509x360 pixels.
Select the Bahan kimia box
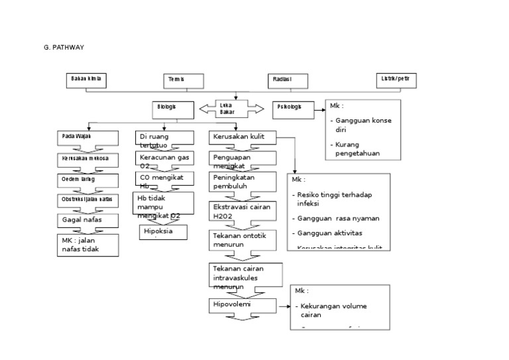click(x=86, y=80)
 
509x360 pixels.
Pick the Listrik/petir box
click(x=396, y=80)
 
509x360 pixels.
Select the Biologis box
click(x=174, y=109)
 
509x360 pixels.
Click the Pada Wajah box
click(x=87, y=138)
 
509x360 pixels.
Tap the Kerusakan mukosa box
click(x=87, y=160)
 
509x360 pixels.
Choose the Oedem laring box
click(x=87, y=180)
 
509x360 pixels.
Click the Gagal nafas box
click(x=87, y=220)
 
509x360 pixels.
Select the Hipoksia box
click(x=163, y=232)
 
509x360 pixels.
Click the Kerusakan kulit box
click(x=242, y=138)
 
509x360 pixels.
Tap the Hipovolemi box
click(x=242, y=306)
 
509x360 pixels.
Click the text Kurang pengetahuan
click(x=358, y=149)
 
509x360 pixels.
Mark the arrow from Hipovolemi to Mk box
click(x=284, y=306)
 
